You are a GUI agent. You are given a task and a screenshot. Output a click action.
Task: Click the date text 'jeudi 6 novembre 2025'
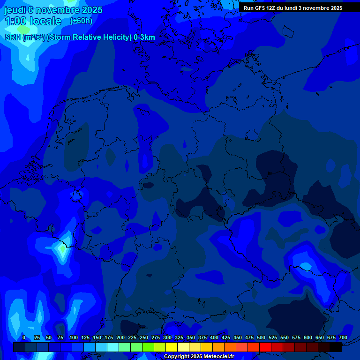point(53,10)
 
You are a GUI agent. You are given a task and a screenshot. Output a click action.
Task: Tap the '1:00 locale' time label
point(33,21)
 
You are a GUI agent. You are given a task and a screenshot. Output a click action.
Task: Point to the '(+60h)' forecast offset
point(81,21)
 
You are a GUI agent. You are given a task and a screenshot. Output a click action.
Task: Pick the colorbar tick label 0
point(24,337)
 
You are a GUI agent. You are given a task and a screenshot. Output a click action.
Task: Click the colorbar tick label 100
point(74,337)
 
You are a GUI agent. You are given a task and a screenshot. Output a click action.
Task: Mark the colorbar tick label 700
point(343,337)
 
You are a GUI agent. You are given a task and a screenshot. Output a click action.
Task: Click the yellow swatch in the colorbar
point(172,347)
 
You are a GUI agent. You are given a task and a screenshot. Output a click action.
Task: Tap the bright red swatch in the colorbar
point(265,347)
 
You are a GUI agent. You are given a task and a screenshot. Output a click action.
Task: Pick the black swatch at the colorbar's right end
point(336,347)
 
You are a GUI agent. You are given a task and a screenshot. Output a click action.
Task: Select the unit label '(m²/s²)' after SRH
point(34,37)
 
